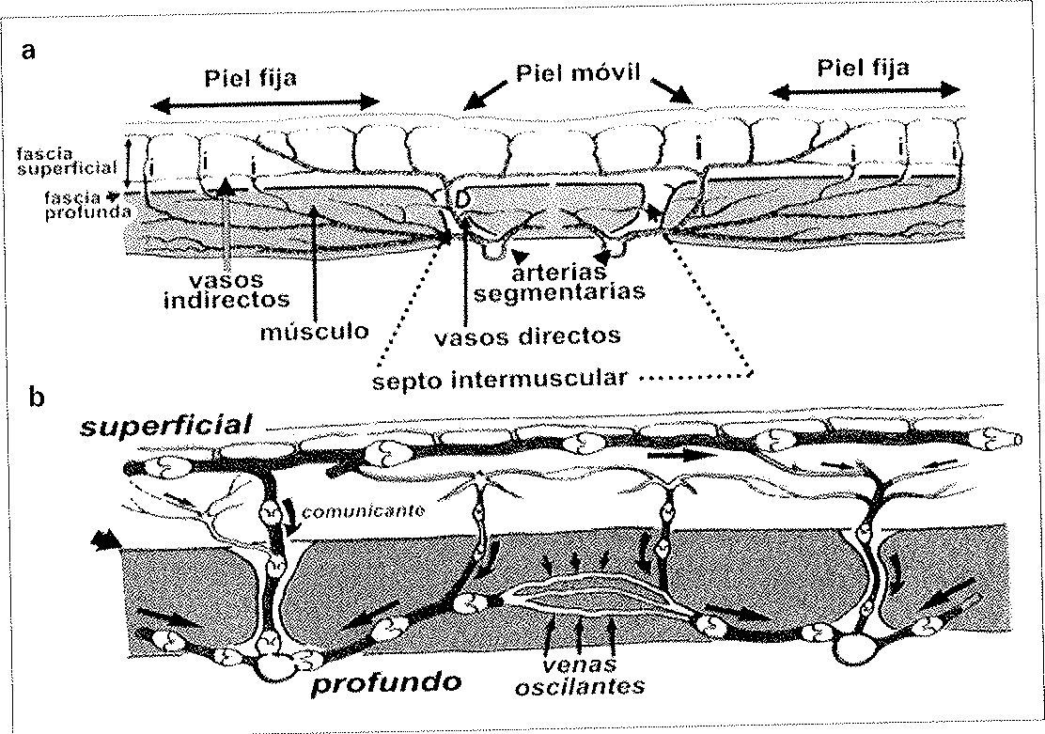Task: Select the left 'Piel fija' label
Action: (x=250, y=77)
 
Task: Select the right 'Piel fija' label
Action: (x=863, y=68)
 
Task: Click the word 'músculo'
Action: (x=315, y=331)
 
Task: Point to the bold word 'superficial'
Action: (x=166, y=426)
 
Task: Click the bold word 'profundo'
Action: (x=387, y=680)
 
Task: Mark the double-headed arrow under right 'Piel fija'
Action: (x=864, y=90)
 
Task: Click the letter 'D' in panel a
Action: (x=461, y=201)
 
